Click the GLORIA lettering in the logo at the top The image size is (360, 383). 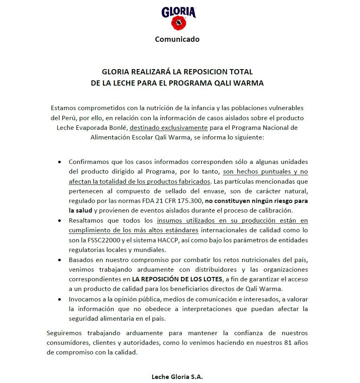coord(178,12)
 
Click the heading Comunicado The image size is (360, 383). coord(177,39)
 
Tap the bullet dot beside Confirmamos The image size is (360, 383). coord(60,162)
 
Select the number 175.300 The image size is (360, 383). coord(187,201)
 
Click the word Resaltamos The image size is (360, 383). coord(87,220)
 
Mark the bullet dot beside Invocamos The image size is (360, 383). coord(60,299)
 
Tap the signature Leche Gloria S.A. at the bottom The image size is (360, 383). coord(177,377)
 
